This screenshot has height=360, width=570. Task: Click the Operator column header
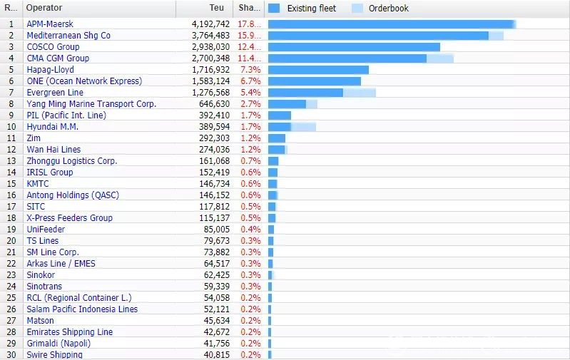[x=44, y=8]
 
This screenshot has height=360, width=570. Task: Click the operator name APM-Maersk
[x=50, y=24]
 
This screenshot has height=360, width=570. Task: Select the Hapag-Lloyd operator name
[x=50, y=69]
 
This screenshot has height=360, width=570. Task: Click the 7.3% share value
[x=250, y=69]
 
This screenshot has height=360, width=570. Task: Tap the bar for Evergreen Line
[x=321, y=92]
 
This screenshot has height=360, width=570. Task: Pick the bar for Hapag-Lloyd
[x=318, y=69]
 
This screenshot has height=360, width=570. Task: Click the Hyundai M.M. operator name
[x=52, y=126]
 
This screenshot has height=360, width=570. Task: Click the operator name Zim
[x=34, y=138]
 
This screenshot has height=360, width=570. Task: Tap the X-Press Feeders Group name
[x=69, y=217]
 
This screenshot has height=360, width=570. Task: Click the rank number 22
[x=11, y=263]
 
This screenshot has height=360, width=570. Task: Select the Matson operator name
[x=40, y=320]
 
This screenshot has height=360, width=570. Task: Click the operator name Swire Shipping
[x=54, y=354]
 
